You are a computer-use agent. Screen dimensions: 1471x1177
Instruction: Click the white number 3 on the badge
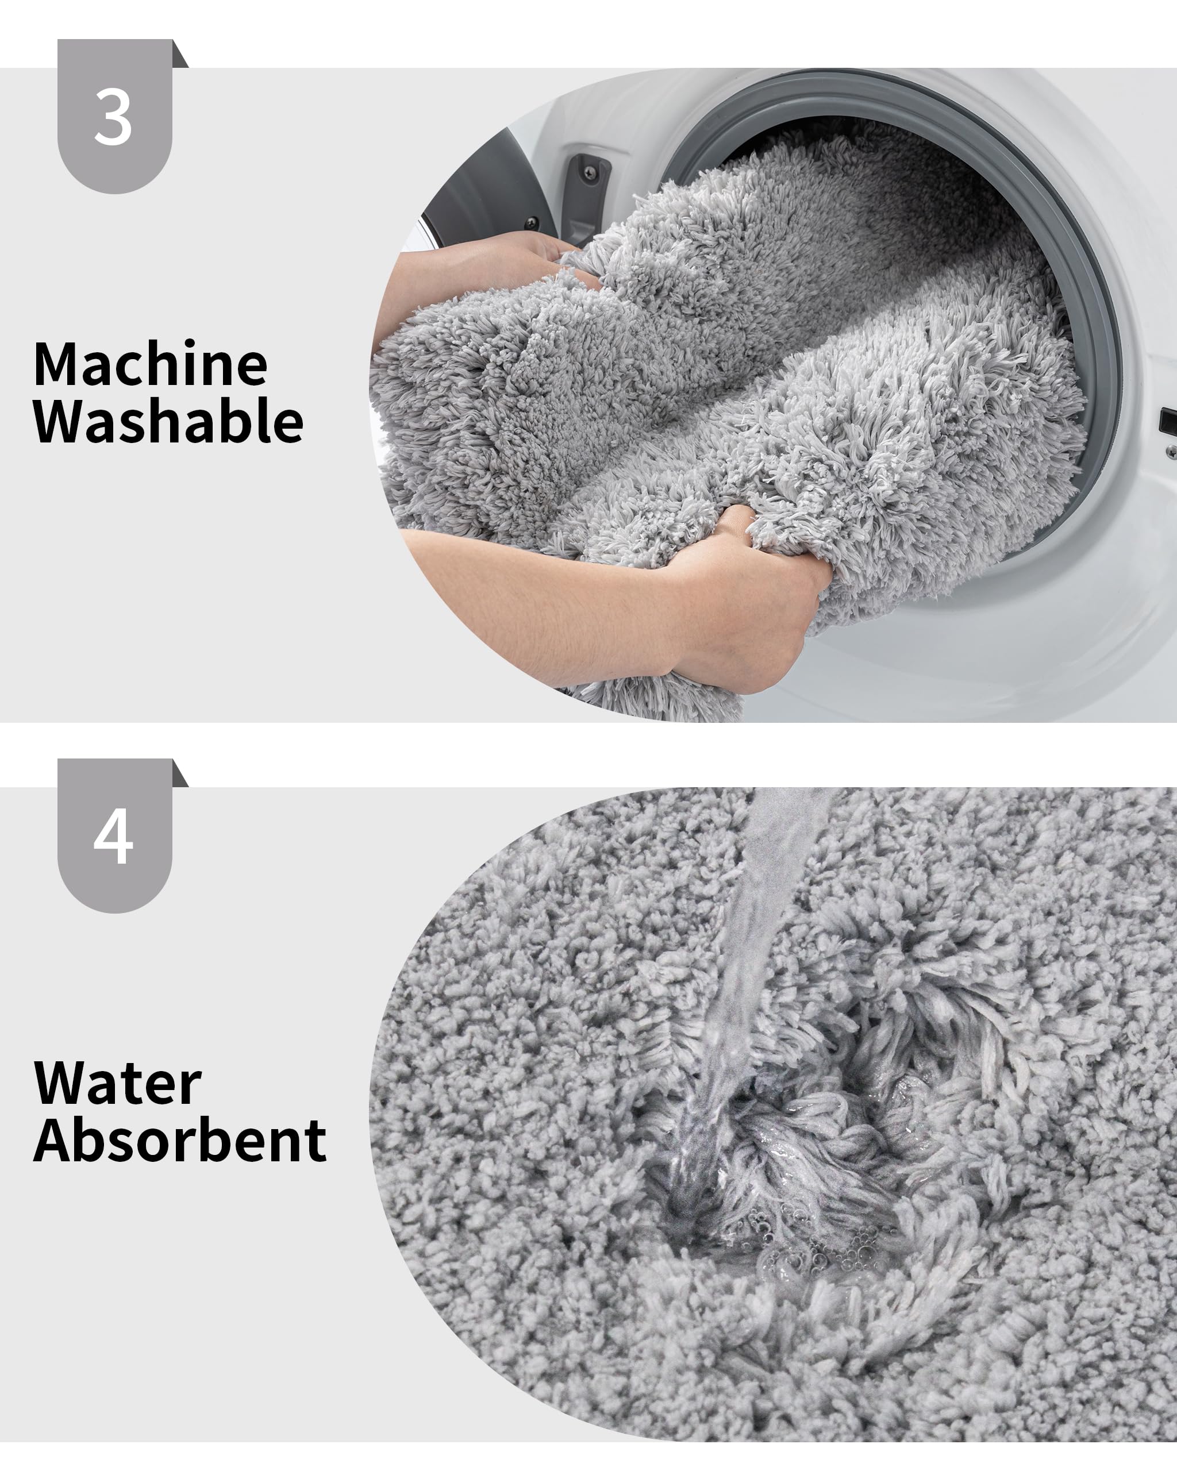113,118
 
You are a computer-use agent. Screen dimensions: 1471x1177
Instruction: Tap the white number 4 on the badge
113,837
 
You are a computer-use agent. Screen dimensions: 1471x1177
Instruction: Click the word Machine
150,365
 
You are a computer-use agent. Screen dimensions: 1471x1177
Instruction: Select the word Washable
168,422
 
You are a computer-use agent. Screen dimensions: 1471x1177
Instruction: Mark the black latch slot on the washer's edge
1168,419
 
